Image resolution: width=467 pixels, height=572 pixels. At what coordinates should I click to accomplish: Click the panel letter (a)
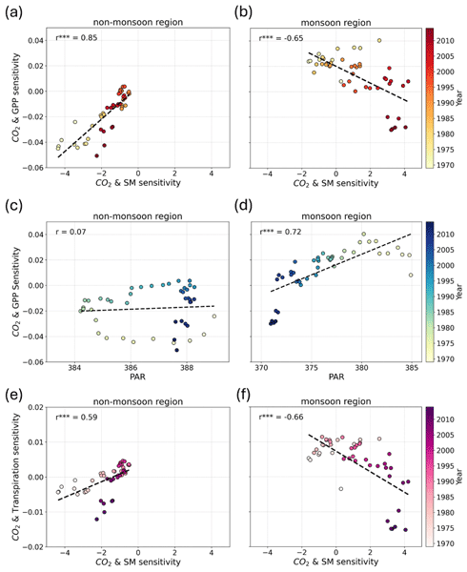14,12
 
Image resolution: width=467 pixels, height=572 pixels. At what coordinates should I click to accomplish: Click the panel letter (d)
243,206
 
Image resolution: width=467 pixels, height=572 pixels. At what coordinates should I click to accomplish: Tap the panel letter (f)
242,395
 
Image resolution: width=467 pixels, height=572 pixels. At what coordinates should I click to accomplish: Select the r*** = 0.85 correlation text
76,37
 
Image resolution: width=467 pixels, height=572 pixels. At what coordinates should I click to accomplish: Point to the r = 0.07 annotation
71,232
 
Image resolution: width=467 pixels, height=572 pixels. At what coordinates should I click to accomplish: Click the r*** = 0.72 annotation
280,232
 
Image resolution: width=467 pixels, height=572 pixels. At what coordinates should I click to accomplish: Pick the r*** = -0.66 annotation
281,417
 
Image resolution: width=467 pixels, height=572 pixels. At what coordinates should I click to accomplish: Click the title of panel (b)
335,23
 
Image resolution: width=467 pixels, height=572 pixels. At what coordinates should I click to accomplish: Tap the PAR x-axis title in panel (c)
137,377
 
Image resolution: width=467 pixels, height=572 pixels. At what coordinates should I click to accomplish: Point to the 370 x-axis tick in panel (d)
261,367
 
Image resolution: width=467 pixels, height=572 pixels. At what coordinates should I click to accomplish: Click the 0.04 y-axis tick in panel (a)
35,40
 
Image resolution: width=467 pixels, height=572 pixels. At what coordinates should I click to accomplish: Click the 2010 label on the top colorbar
445,41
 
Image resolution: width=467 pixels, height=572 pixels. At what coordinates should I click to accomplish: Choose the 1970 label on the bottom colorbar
445,543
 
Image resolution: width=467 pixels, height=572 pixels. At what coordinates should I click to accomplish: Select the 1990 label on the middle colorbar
445,296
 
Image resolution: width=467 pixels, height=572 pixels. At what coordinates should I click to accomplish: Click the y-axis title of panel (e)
16,477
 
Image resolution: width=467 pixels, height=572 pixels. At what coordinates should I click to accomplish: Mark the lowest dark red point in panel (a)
97,155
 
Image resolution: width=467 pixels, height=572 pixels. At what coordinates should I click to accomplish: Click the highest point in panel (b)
379,40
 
